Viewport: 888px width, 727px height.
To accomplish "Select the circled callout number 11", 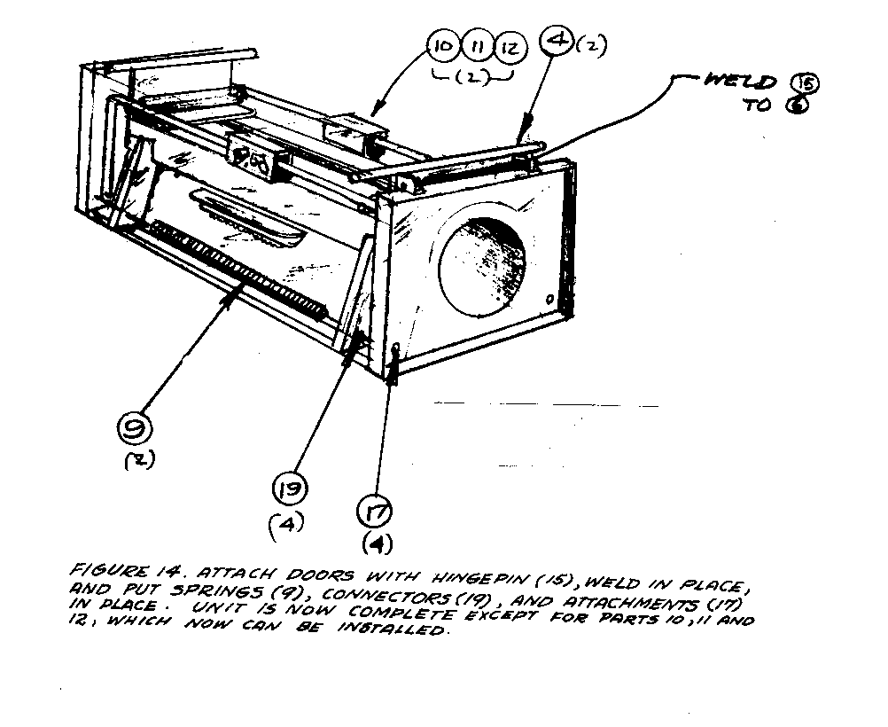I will (x=477, y=45).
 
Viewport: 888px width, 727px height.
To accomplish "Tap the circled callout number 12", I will (x=509, y=45).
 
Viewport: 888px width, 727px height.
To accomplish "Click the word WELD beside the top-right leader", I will (x=740, y=82).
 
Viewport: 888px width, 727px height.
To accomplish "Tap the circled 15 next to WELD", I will (x=808, y=84).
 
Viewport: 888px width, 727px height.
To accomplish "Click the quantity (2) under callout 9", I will (x=136, y=461).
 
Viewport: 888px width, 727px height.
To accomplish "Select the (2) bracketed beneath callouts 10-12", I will (x=477, y=76).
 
